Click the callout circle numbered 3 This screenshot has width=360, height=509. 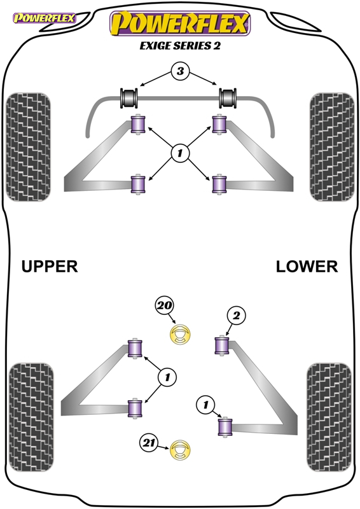coord(180,71)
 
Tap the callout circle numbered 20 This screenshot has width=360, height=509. coord(165,305)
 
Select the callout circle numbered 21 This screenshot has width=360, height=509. coord(149,443)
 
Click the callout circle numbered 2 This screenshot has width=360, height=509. coord(236,315)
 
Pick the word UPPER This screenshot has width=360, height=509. coord(50,267)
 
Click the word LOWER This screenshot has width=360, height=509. coord(307,267)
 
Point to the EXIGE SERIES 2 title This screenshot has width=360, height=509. coord(180,46)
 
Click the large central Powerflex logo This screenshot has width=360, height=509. coord(180,24)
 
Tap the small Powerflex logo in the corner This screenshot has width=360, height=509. coord(44,18)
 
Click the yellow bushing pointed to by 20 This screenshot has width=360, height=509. coord(180,334)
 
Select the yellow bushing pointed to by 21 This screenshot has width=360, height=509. coord(180,450)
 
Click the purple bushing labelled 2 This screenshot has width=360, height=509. coord(223,345)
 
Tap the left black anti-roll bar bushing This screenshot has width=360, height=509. coord(130,98)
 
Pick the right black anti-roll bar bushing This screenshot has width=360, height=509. coord(228,98)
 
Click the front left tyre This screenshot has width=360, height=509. coord(29,147)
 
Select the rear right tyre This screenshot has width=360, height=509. coord(329,417)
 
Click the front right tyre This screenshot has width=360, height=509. coord(332,147)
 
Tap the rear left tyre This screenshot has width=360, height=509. coord(31,417)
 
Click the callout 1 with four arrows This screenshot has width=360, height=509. coord(180,153)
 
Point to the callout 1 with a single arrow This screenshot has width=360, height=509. coord(205,405)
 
